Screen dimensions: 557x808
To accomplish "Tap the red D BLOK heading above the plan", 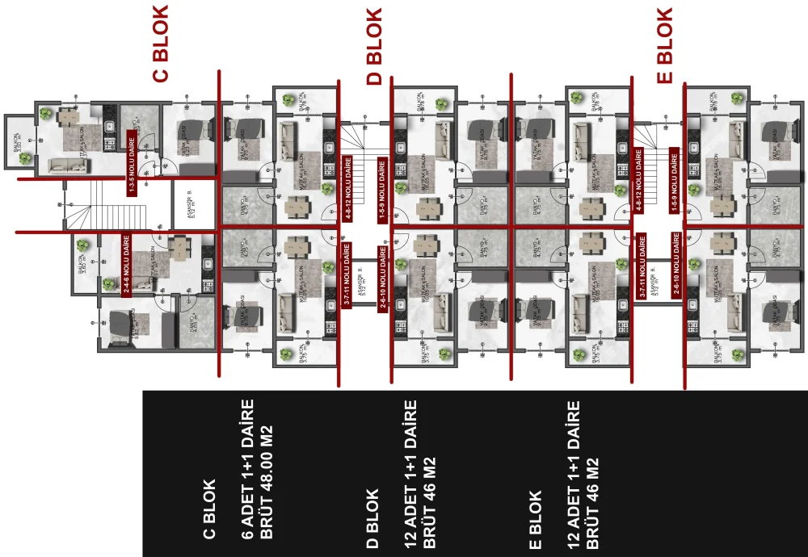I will [x=373, y=47].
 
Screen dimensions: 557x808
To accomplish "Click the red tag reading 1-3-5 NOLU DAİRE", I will [x=131, y=166].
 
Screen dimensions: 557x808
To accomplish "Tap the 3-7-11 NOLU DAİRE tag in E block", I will [x=642, y=266].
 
